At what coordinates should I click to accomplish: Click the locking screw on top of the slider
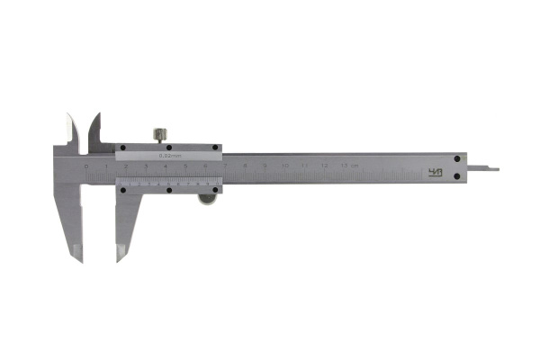(161, 135)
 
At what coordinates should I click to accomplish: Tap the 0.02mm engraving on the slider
(170, 156)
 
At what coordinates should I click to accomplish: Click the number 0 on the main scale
(86, 167)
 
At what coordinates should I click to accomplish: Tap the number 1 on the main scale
(106, 167)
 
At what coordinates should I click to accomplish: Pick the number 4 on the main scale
(166, 167)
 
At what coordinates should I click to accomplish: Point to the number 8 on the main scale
(245, 167)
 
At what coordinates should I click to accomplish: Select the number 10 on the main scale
(284, 167)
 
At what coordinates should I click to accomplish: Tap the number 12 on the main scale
(324, 167)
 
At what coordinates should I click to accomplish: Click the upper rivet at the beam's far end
(458, 158)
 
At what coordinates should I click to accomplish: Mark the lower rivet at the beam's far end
(458, 176)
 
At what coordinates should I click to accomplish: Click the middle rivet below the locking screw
(166, 147)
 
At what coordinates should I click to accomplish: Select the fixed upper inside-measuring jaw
(71, 131)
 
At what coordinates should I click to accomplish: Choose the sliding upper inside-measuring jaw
(93, 130)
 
